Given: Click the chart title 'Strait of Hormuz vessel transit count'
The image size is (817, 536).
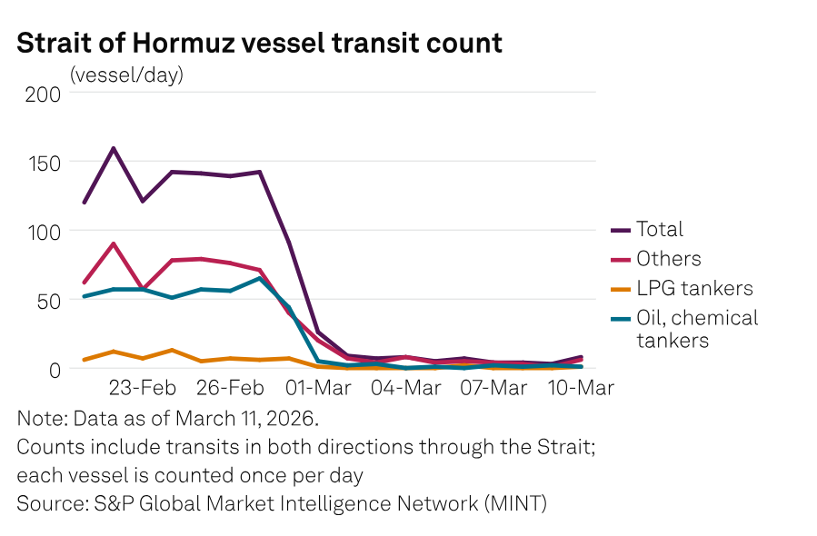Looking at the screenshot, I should click(x=259, y=43).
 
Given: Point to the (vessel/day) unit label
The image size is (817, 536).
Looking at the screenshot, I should click(x=126, y=74).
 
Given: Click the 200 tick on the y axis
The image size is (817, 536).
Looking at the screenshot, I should click(x=43, y=94).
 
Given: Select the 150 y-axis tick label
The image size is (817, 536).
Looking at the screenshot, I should click(x=43, y=163).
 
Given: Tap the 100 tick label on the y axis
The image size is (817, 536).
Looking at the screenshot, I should click(x=43, y=231).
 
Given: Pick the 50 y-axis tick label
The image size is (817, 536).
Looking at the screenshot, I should click(x=48, y=300).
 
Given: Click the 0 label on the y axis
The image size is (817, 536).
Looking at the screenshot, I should click(x=55, y=369).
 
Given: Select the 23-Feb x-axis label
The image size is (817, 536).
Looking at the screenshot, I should click(x=143, y=388).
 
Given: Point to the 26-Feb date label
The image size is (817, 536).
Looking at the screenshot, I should click(x=231, y=388).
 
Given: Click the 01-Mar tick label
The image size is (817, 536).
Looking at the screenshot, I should click(x=319, y=388).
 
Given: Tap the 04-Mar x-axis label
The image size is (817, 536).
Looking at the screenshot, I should click(x=407, y=388).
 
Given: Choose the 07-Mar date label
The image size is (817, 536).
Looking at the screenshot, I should click(x=494, y=388).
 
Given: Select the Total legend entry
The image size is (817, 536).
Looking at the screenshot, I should click(x=659, y=230).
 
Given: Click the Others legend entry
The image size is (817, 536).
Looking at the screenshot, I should click(x=668, y=259).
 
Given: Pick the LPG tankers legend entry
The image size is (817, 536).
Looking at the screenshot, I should click(x=694, y=288).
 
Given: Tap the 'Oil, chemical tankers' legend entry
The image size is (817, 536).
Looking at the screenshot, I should click(x=696, y=328).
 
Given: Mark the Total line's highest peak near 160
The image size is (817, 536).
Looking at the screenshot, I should click(x=114, y=148).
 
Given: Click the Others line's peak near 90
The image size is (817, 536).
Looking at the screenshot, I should click(x=114, y=243).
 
